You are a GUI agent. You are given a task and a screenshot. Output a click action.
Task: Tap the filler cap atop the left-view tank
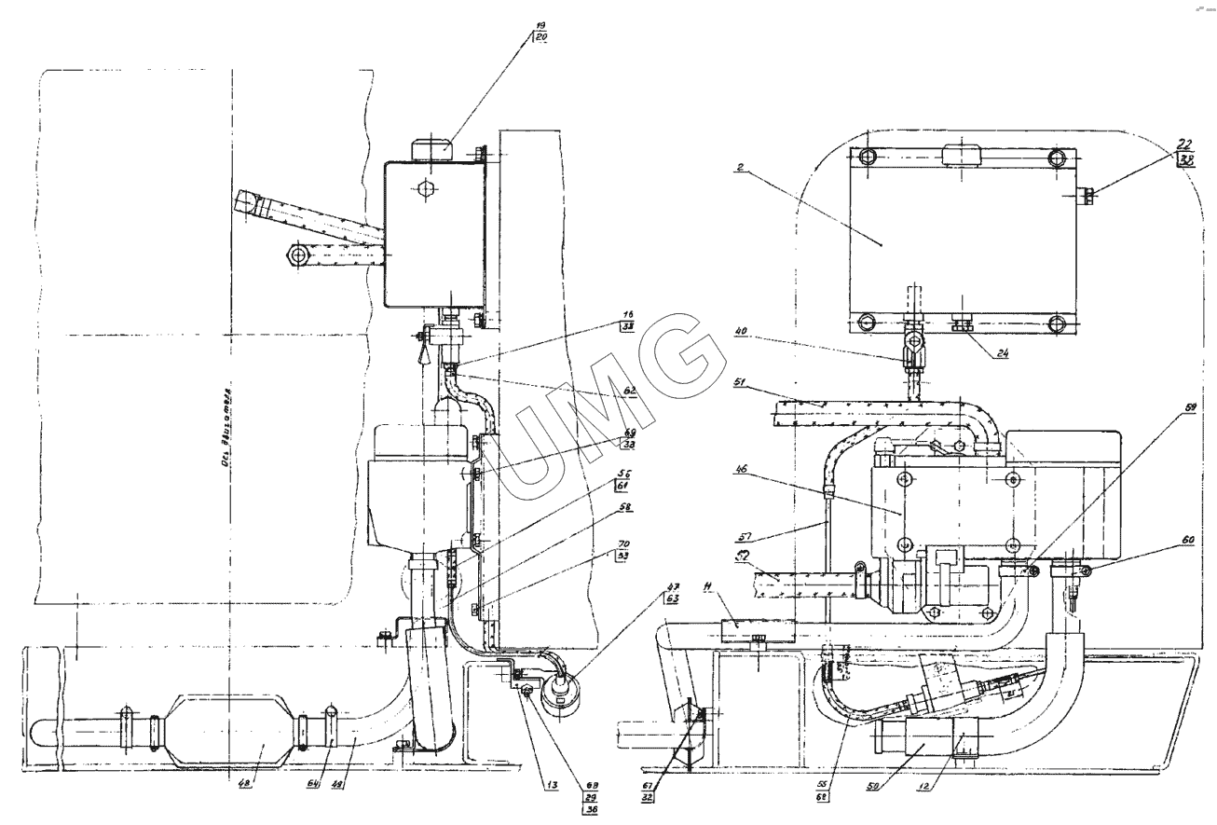[x=432, y=148]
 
